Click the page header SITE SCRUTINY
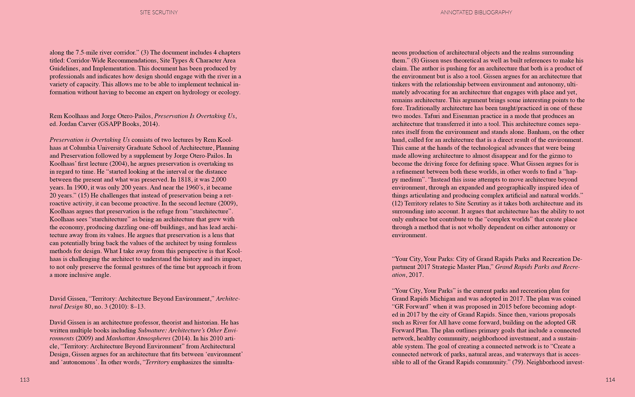pyautogui.click(x=159, y=13)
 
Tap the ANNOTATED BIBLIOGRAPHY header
pyautogui.click(x=476, y=13)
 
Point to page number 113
pyautogui.click(x=25, y=380)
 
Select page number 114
pyautogui.click(x=610, y=380)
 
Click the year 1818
pyautogui.click(x=185, y=180)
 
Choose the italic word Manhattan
pyautogui.click(x=122, y=338)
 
